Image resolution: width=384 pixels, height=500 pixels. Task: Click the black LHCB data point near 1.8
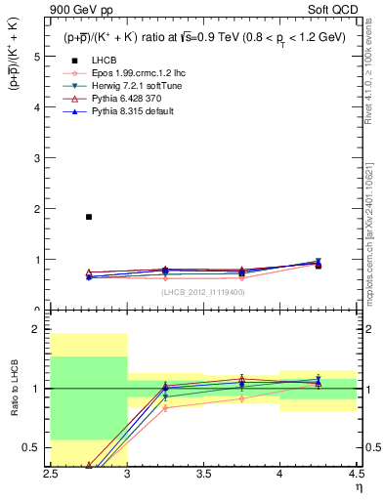[89, 217]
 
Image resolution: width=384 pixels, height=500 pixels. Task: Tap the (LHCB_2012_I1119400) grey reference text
[202, 291]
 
